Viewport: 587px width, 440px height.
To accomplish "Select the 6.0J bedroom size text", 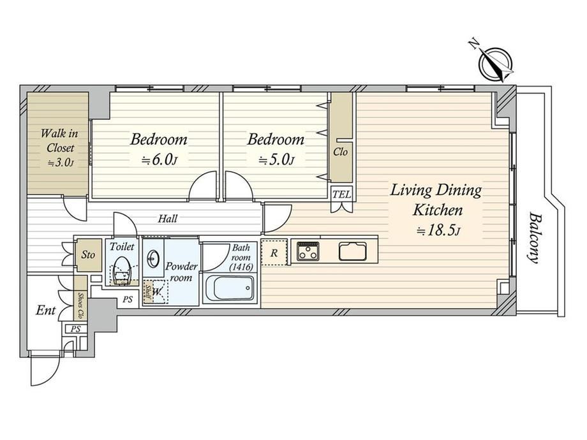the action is (x=159, y=161).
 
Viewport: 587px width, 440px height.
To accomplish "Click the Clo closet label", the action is (x=340, y=152).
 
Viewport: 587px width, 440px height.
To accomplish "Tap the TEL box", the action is (x=342, y=194).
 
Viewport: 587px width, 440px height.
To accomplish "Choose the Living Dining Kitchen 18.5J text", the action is (x=436, y=210).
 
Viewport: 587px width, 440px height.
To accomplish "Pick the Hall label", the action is (x=167, y=219).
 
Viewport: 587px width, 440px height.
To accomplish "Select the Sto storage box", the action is (x=89, y=255).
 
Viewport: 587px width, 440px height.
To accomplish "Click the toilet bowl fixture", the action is (x=121, y=271).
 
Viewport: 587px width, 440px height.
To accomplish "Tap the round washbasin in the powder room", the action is (x=153, y=258).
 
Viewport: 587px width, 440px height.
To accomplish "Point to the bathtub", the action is (x=230, y=288).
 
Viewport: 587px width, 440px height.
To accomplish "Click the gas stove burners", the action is (x=308, y=251).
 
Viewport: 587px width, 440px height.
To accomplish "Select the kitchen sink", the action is (x=353, y=251).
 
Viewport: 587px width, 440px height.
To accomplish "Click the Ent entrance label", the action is (x=45, y=310).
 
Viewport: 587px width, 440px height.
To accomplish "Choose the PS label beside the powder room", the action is (x=128, y=299).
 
